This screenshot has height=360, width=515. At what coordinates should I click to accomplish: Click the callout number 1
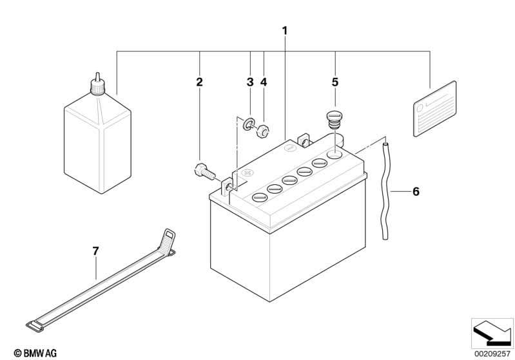click(285, 31)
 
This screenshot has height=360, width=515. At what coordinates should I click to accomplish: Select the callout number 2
click(199, 82)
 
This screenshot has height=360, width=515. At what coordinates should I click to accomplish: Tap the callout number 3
click(250, 82)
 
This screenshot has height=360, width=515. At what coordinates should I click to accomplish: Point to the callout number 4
click(264, 82)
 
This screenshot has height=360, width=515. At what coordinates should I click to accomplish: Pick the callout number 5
click(335, 82)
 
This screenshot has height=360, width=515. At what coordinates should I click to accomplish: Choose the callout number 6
click(416, 191)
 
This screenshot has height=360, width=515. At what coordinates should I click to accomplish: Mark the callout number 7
click(95, 251)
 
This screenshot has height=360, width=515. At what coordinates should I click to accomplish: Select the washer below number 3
click(248, 122)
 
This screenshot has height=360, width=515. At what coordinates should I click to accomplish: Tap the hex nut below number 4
click(262, 131)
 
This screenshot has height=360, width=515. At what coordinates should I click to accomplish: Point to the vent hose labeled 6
click(385, 190)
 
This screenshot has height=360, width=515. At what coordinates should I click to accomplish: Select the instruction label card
click(434, 109)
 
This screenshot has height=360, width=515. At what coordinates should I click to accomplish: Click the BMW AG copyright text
click(35, 353)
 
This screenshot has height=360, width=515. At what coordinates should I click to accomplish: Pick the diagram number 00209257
click(492, 354)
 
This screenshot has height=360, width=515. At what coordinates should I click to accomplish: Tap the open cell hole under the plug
click(335, 154)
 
